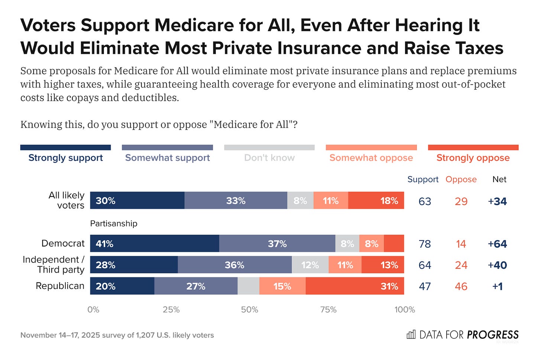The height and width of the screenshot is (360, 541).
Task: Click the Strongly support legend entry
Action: coord(66,158)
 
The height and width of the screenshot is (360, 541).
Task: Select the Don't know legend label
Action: coord(269,158)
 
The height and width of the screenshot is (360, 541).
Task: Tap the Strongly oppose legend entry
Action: coord(473,158)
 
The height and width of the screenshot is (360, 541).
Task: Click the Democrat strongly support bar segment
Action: coord(155,244)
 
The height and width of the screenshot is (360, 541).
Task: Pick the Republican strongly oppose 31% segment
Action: coord(355,286)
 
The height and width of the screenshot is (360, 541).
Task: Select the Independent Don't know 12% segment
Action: coord(310,265)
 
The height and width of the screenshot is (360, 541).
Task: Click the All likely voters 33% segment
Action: coord(236,201)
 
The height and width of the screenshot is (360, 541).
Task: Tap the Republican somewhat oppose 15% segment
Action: coord(282,286)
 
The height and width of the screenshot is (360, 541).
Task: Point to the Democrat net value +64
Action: coord(497,244)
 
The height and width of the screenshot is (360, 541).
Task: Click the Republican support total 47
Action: coord(425,286)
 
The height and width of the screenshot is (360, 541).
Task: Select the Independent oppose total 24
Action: coord(461,265)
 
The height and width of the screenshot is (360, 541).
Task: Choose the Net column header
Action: coord(499,179)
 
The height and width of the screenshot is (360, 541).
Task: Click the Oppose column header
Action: coord(461,179)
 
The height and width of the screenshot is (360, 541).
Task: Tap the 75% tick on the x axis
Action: coord(328,310)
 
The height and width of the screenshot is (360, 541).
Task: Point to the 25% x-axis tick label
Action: coord(171,310)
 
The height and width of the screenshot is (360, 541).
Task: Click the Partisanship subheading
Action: coord(114,224)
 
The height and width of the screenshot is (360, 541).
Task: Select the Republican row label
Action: coord(60,286)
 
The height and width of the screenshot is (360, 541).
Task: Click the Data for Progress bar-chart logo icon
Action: coord(411,335)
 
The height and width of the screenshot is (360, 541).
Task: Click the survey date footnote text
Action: coord(117,335)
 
